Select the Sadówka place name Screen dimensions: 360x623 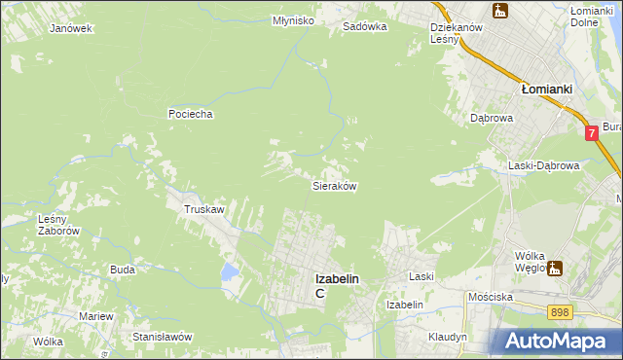point(365,27)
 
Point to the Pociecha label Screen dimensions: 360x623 point(190,114)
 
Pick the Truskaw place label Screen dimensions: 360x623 point(205,209)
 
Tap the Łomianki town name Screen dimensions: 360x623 point(546,88)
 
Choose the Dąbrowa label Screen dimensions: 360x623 point(492,118)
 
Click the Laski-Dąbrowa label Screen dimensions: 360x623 point(544,165)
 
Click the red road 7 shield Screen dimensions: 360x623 point(592,132)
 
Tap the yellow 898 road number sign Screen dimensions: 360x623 point(559,312)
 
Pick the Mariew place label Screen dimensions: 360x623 point(96,317)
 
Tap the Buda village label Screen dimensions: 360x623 point(123,270)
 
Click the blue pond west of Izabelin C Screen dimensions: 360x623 point(229,271)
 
